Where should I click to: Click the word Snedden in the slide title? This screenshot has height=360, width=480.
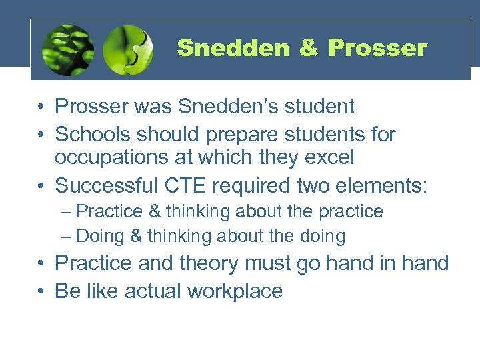point(233,48)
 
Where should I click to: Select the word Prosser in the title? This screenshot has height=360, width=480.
point(377,48)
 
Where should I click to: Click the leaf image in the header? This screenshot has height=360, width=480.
point(67,51)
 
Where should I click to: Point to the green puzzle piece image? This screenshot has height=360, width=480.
point(128,51)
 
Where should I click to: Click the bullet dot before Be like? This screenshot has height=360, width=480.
point(41,291)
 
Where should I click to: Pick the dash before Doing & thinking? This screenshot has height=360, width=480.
point(64,236)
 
